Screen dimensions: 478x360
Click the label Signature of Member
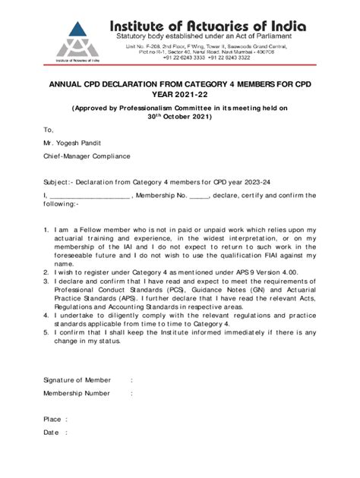point(77,379)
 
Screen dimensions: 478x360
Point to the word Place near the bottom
point(52,418)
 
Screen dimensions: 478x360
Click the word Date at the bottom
point(51,432)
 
